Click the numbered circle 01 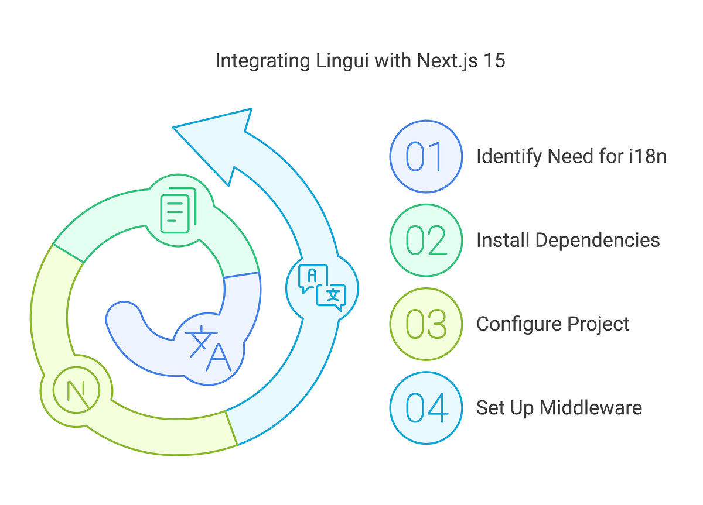[426, 156]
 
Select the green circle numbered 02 [426, 240]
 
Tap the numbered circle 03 [426, 324]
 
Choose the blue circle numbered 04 [426, 407]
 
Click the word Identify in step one [509, 157]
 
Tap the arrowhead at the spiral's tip [220, 138]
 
